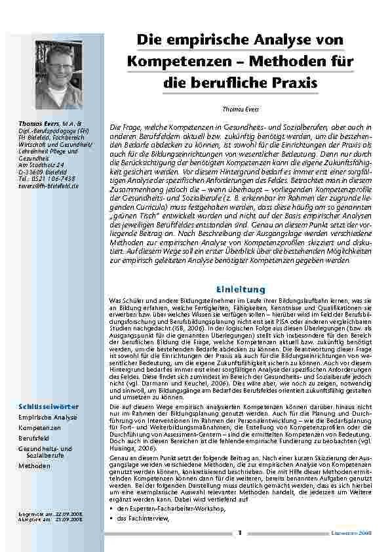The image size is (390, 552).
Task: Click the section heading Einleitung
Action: coord(240,288)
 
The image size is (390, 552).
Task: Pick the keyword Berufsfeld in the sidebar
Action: coord(35,437)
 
